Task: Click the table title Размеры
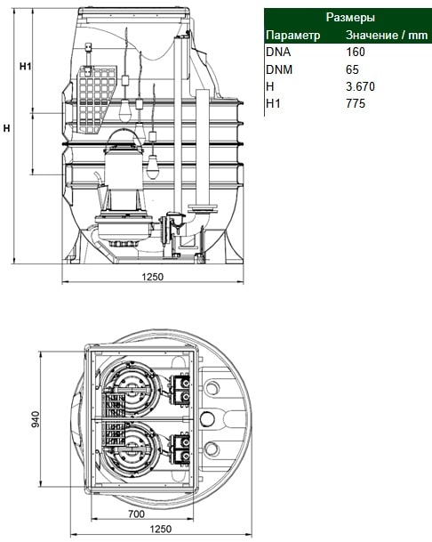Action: [350, 17]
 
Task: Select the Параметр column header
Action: [292, 36]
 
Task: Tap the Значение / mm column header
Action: [387, 36]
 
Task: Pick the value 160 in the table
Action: [356, 53]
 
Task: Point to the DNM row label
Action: [279, 69]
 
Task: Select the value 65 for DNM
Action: [352, 69]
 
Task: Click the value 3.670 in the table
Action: [360, 86]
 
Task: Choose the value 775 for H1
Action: [356, 103]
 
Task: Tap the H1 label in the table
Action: [273, 103]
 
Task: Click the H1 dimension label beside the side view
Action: [25, 66]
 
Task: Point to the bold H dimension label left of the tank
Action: [6, 128]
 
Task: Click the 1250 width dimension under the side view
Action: [152, 277]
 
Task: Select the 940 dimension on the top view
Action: [36, 419]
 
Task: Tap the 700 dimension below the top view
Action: [136, 514]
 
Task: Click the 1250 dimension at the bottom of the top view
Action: [161, 529]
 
